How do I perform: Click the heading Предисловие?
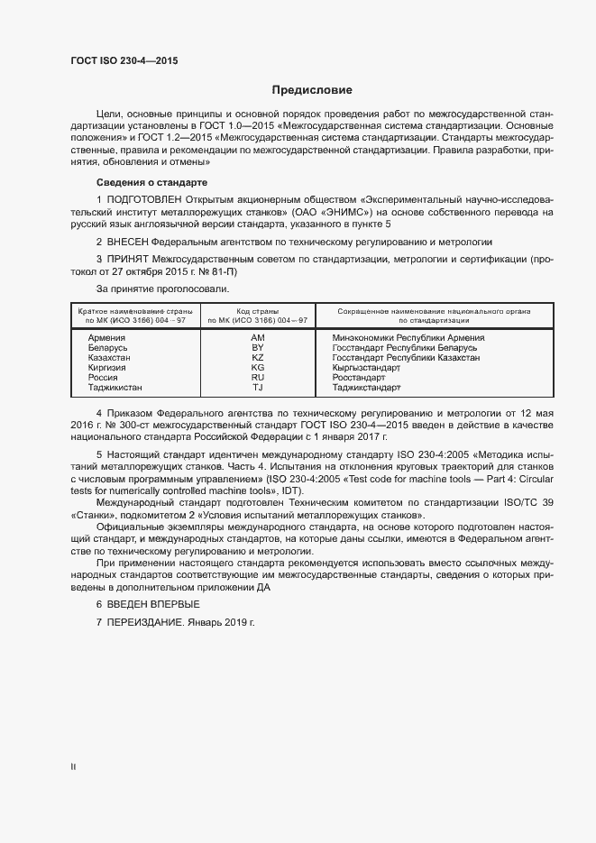tap(312, 90)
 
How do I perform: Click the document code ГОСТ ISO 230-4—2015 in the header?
tap(124, 60)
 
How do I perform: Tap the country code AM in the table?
tap(257, 337)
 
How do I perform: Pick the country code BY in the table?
tap(257, 347)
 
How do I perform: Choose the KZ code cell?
tap(257, 358)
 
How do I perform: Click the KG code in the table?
tap(257, 368)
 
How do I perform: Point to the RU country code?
tap(257, 378)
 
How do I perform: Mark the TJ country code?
tap(257, 388)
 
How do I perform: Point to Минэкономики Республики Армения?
tap(408, 337)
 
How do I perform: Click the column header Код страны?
tap(257, 311)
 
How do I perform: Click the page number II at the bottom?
tap(73, 766)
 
